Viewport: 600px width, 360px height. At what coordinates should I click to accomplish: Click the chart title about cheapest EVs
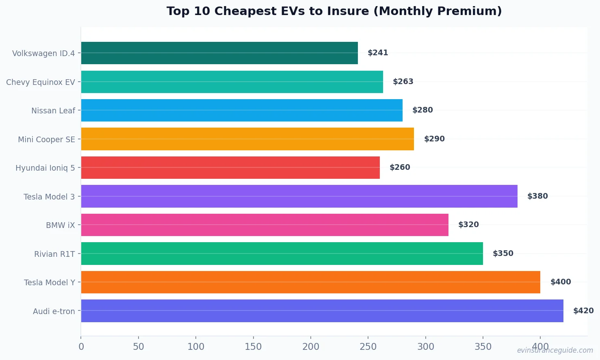[x=334, y=11]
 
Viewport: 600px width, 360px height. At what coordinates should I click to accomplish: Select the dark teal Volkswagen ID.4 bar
[x=219, y=53]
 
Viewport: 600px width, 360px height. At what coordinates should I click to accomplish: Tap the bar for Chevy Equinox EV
[x=232, y=82]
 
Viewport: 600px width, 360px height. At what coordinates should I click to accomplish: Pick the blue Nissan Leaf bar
[x=242, y=110]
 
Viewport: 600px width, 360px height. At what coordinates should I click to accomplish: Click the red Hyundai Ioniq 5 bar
[x=230, y=167]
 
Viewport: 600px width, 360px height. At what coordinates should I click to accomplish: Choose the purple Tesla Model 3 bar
[x=299, y=196]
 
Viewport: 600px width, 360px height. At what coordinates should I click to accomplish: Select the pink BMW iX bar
[x=264, y=225]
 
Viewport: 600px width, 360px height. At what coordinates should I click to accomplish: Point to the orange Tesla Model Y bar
[x=310, y=282]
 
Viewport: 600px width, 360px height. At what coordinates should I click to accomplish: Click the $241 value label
[x=378, y=53]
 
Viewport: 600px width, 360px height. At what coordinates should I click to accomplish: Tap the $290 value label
[x=434, y=139]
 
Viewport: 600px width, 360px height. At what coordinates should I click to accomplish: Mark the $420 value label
[x=583, y=311]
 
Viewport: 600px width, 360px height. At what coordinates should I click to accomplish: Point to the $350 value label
[x=503, y=254]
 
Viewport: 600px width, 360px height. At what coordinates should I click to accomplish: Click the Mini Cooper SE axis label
[x=46, y=139]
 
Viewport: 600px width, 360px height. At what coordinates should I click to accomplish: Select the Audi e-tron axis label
[x=54, y=311]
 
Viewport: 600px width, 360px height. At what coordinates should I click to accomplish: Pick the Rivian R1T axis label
[x=54, y=254]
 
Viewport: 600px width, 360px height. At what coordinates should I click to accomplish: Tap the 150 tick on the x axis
[x=253, y=347]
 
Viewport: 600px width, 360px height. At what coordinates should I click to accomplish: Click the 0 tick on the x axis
[x=81, y=347]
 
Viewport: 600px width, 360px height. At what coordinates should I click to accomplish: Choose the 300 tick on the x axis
[x=426, y=347]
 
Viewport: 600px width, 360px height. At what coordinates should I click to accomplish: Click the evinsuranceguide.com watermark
[x=555, y=350]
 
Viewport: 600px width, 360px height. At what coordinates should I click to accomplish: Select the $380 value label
[x=537, y=196]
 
